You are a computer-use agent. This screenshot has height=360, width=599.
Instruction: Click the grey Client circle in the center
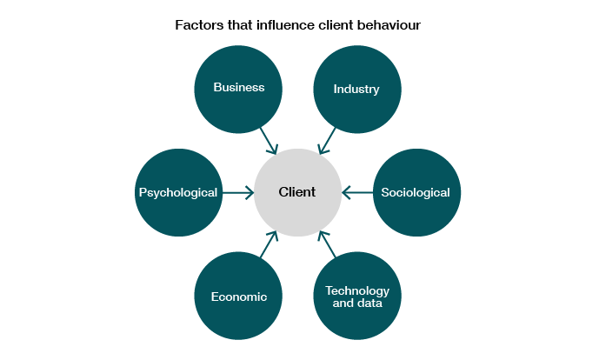[x=297, y=192]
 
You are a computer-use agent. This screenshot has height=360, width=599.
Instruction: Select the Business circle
[x=238, y=90]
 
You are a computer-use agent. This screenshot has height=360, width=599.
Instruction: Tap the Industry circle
[x=357, y=90]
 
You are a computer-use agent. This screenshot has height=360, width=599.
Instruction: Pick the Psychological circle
[x=179, y=192]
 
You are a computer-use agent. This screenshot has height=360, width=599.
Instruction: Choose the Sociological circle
[x=416, y=192]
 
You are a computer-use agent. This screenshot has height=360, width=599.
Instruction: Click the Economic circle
[x=238, y=296]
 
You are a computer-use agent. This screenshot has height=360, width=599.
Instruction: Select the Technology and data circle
[x=357, y=296]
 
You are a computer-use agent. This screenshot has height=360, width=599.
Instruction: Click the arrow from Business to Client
[x=269, y=141]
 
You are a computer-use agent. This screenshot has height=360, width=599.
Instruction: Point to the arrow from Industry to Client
[x=327, y=141]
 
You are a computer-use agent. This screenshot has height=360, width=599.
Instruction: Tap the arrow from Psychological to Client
[x=238, y=193]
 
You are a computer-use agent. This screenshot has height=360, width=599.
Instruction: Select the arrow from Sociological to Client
[x=357, y=193]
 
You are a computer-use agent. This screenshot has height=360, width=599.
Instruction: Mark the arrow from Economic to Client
[x=269, y=243]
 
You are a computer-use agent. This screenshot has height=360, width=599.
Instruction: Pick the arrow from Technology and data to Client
[x=327, y=243]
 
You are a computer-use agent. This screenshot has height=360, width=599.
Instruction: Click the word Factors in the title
[x=199, y=25]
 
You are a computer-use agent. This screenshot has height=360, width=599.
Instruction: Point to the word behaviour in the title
[x=389, y=25]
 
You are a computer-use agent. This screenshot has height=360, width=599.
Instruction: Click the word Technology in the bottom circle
[x=357, y=291]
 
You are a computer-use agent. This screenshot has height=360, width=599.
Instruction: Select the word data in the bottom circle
[x=370, y=303]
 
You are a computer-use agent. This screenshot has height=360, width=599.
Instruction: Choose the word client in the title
[x=336, y=25]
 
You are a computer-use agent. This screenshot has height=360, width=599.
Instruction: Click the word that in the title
[x=240, y=25]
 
